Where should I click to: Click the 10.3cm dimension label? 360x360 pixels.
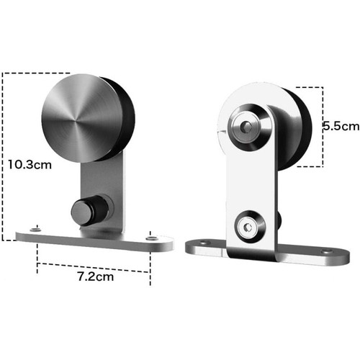30,165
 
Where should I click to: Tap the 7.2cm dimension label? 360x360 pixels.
96,276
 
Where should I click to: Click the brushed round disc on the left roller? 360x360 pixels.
82,118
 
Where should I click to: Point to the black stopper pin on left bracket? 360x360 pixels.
89,210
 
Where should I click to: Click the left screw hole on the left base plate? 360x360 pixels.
35,230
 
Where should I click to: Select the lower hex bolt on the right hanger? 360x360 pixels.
248,227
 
